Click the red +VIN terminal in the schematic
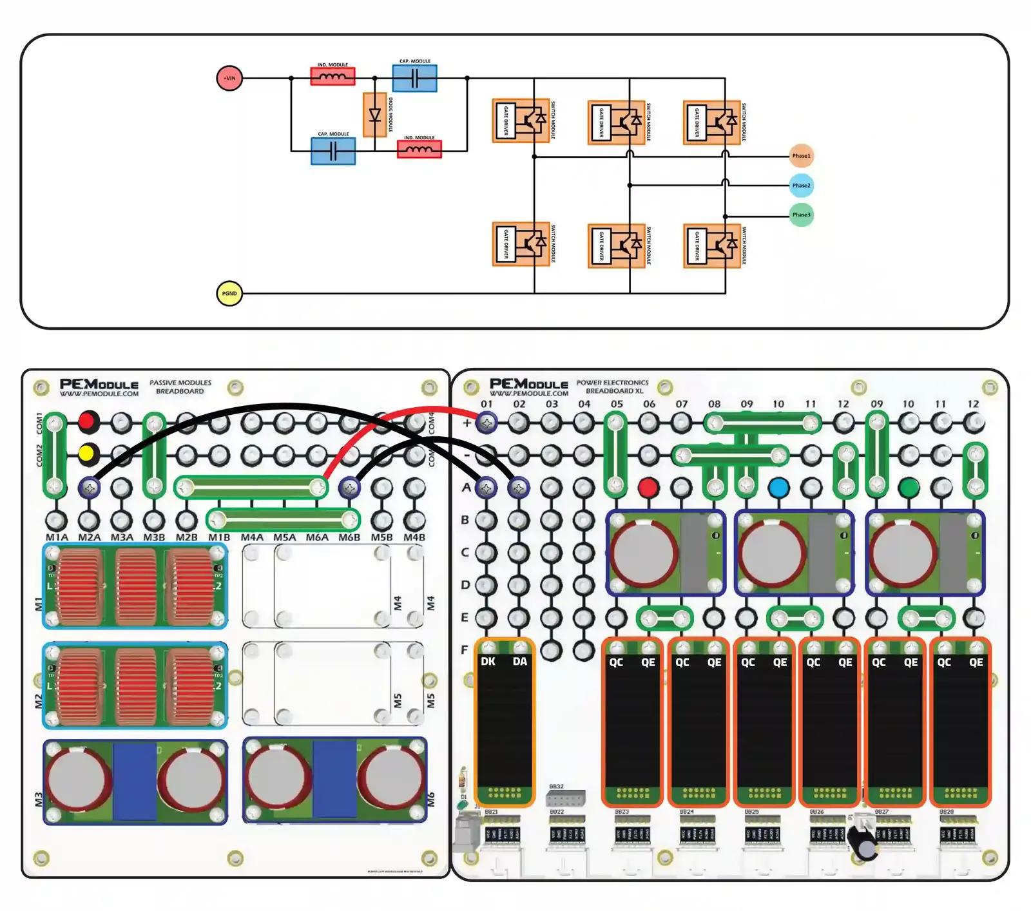coord(229,78)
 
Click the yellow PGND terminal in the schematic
coord(229,293)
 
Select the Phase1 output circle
coord(801,156)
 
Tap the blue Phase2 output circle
coord(801,186)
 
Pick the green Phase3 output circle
coord(801,215)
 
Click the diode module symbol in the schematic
coord(375,115)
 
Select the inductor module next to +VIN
coord(332,77)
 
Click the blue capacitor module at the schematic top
coord(414,78)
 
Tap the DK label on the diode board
coord(488,662)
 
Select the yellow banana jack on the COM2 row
coord(87,454)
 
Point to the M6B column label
coord(349,537)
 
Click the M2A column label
coord(90,537)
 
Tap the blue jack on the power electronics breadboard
coord(778,488)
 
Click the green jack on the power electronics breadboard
coord(909,488)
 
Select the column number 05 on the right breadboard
coord(617,404)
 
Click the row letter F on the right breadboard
coord(465,649)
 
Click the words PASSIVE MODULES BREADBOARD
coord(180,387)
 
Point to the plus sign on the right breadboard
coord(467,423)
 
